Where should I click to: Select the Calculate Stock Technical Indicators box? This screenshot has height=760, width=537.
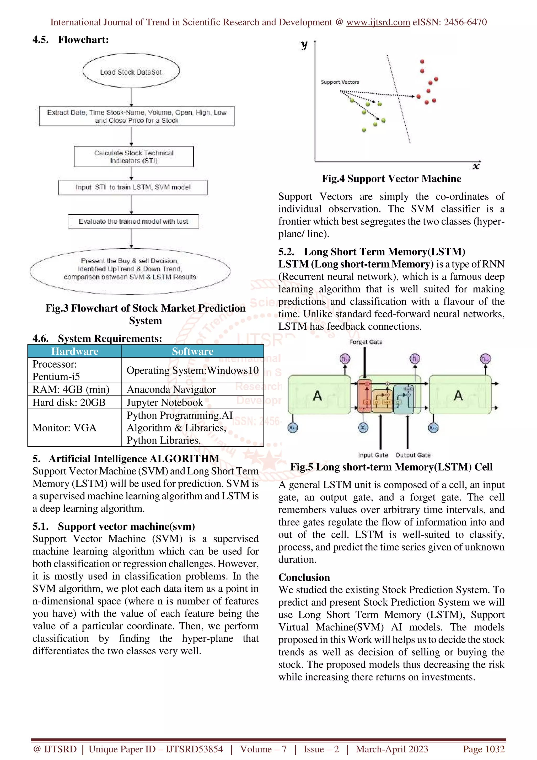click(134, 157)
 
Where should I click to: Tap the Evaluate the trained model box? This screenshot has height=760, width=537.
click(133, 221)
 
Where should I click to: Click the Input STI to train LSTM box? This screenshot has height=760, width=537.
click(133, 187)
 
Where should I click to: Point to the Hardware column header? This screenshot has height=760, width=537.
click(75, 351)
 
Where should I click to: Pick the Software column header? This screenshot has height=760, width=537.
click(192, 351)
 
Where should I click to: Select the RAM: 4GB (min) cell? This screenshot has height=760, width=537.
click(71, 389)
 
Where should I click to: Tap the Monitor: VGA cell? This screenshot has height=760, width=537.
click(65, 428)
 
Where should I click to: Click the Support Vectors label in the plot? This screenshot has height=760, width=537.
click(340, 82)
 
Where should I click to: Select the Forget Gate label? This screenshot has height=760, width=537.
click(366, 342)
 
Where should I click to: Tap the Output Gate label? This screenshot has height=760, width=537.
click(413, 455)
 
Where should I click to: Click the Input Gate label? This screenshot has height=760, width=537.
click(373, 455)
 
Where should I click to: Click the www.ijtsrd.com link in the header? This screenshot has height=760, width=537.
click(378, 22)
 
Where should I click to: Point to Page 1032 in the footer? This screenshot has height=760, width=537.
click(484, 749)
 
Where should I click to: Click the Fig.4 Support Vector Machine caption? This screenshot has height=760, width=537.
click(391, 179)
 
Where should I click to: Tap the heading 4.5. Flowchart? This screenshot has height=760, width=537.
click(71, 40)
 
